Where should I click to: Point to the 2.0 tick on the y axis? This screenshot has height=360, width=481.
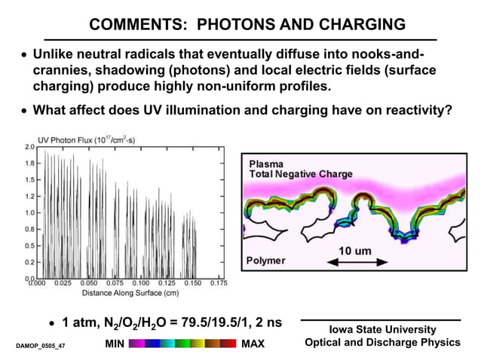click(x=28, y=146)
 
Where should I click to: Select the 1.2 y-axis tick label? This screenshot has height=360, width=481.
click(x=28, y=197)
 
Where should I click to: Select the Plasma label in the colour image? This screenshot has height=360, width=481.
click(x=265, y=163)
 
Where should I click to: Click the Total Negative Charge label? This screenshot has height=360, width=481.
click(x=300, y=174)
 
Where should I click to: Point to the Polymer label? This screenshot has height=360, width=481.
click(x=267, y=260)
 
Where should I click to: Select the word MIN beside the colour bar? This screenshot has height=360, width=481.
click(x=115, y=343)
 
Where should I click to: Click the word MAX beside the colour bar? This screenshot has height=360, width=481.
click(x=253, y=343)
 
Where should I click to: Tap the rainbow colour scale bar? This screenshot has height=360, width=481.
click(x=182, y=343)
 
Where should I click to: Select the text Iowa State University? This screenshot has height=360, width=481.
click(x=382, y=329)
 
